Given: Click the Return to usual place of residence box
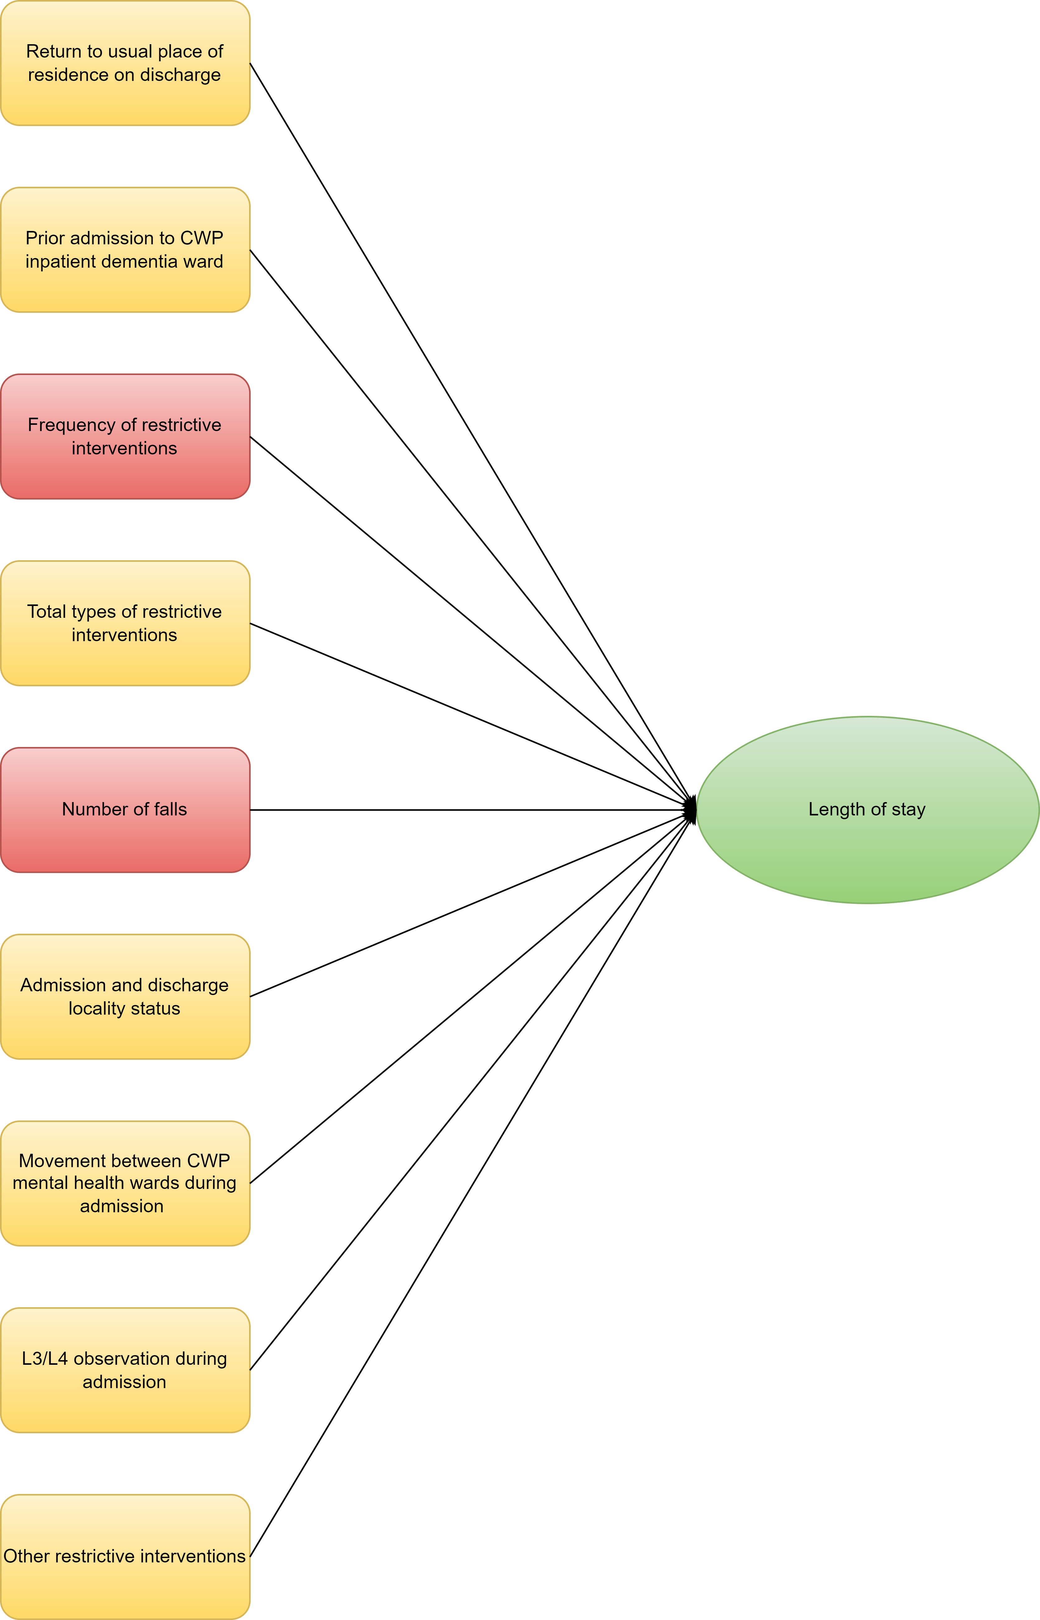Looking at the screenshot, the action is point(125,63).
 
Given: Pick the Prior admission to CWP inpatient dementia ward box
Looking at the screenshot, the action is point(125,250).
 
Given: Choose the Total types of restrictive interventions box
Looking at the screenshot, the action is point(125,623).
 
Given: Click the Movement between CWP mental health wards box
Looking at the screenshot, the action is point(125,1183).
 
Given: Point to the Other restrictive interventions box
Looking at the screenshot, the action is point(125,1557).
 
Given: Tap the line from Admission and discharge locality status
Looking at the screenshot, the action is point(473,903).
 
